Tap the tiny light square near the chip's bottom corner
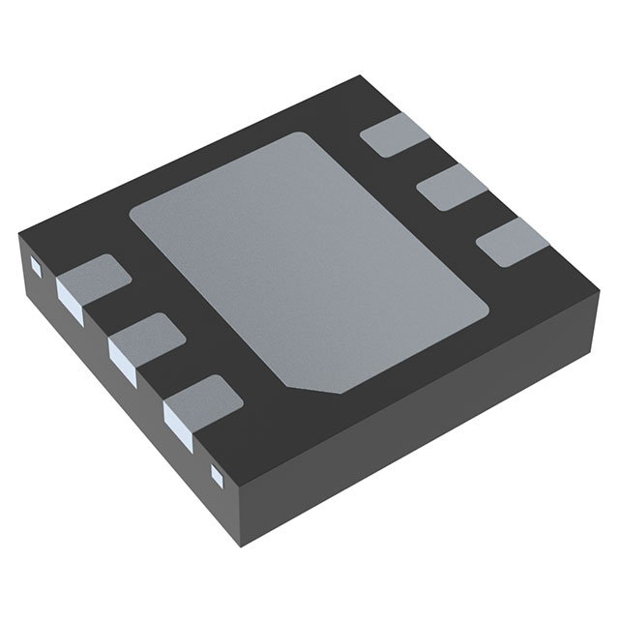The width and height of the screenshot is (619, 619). (x=217, y=473)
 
